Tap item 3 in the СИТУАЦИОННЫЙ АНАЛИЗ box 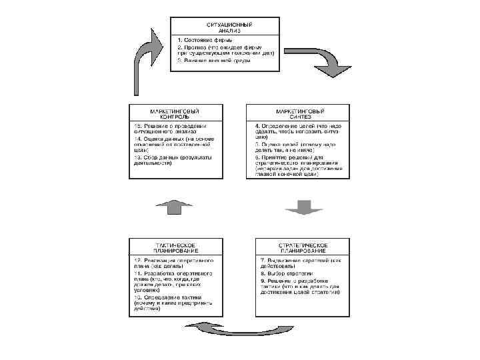pyautogui.click(x=213, y=61)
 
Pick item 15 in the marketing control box pyautogui.click(x=169, y=129)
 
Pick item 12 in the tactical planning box pyautogui.click(x=173, y=261)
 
